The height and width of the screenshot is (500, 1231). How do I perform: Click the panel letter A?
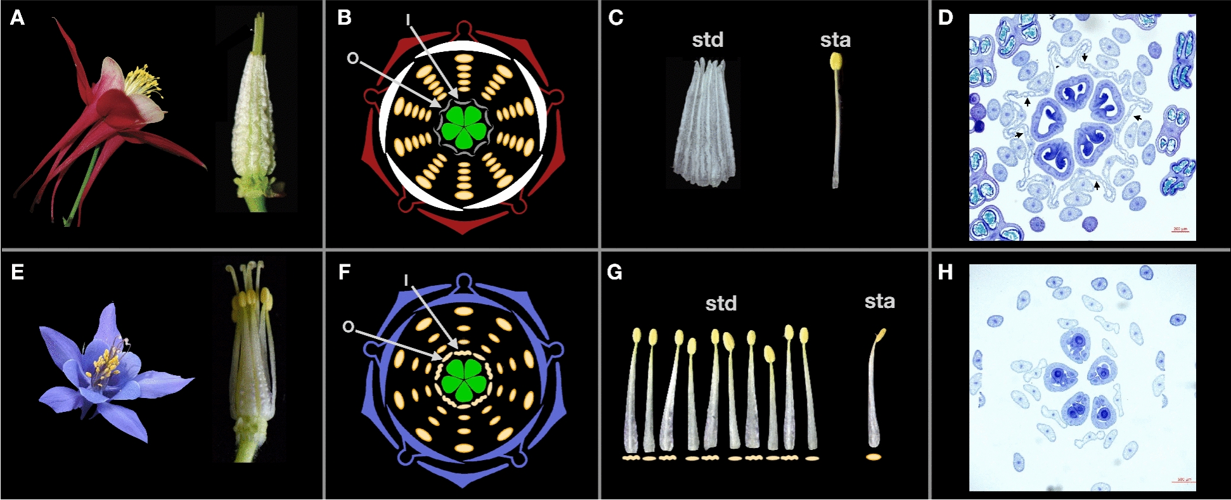[x=17, y=18]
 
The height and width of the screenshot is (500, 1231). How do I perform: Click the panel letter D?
[x=945, y=18]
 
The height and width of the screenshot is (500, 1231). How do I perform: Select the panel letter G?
[x=614, y=272]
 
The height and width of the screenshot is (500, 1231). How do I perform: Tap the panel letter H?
[x=945, y=272]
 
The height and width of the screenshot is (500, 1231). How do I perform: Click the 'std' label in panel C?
[x=707, y=40]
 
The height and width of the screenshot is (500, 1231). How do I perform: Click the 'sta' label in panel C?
[x=835, y=40]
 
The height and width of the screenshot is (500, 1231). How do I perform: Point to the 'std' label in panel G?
[x=721, y=304]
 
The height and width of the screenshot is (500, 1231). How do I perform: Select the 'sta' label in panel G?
[x=880, y=301]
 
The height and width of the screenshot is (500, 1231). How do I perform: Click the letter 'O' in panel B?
[x=352, y=58]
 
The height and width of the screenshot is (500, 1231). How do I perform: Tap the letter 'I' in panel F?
[x=406, y=280]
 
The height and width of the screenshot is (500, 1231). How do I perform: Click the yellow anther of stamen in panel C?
[x=836, y=61]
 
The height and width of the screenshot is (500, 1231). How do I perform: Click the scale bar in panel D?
[x=1180, y=231]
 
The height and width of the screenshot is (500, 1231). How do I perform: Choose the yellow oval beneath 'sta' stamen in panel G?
[x=873, y=456]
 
